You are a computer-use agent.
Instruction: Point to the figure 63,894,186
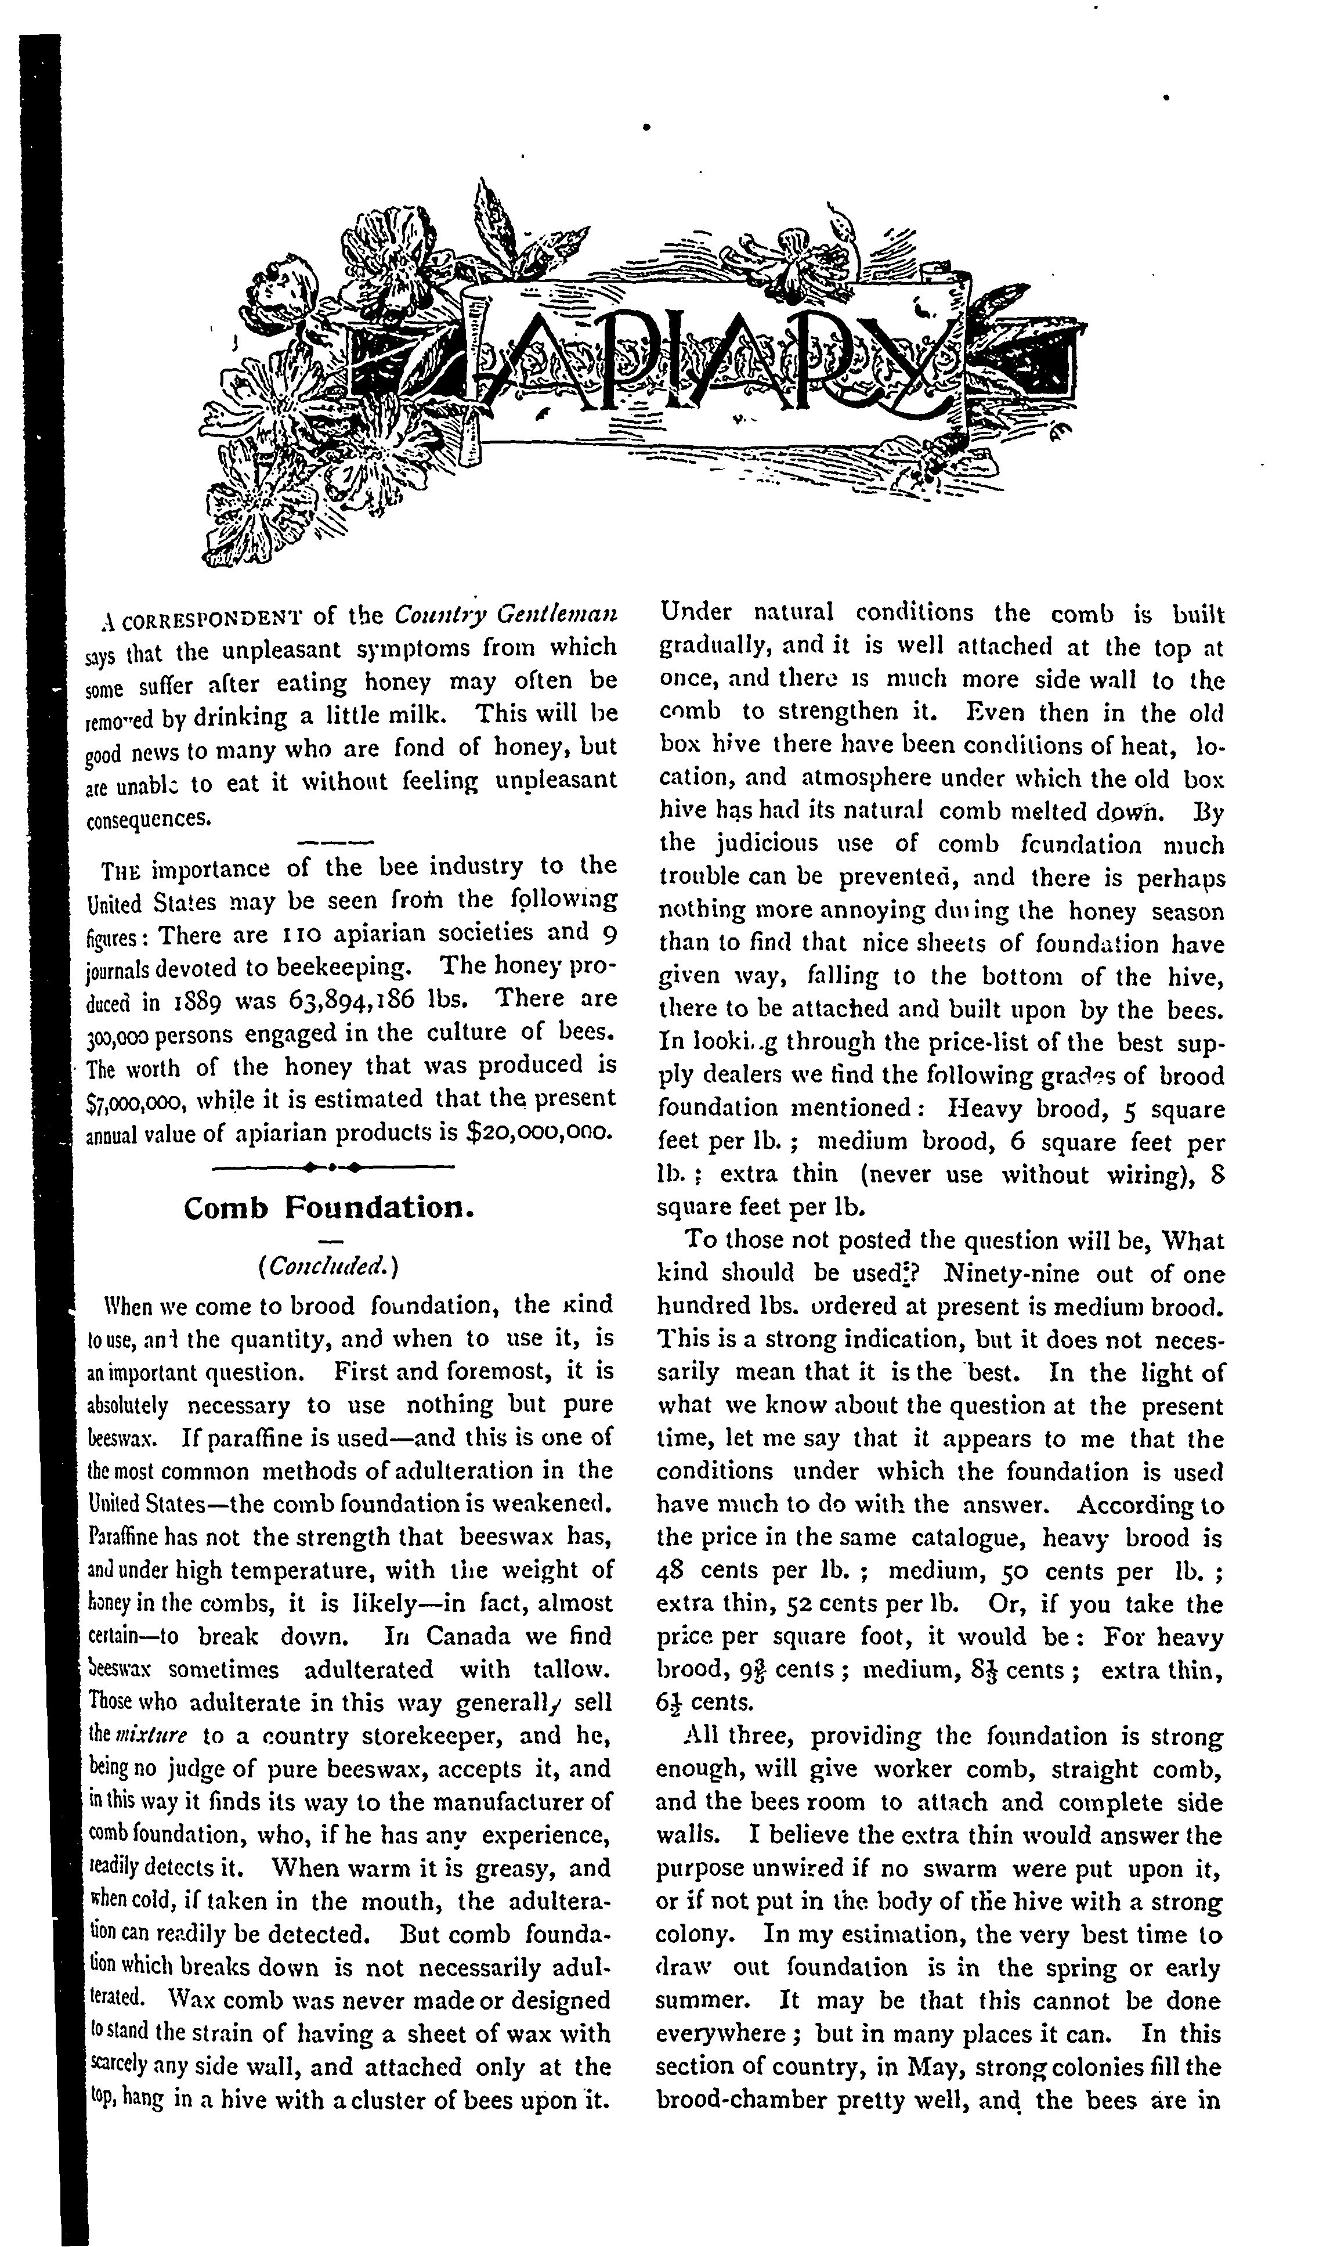[x=352, y=1000]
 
